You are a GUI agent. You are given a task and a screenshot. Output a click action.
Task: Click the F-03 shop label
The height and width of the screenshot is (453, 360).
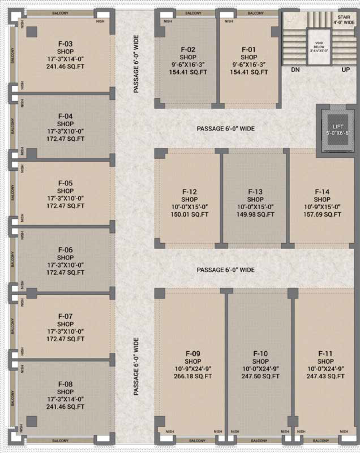65,44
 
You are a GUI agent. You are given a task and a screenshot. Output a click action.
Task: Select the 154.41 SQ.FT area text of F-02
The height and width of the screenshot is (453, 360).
188,72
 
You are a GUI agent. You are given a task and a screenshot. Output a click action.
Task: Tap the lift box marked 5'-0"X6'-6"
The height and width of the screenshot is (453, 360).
338,130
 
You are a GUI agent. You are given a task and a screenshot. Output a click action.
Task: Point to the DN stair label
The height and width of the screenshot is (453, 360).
295,69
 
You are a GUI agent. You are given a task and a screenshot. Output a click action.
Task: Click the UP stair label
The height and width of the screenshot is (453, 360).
345,69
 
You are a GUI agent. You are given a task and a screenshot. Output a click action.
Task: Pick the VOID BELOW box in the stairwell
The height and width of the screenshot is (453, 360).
319,46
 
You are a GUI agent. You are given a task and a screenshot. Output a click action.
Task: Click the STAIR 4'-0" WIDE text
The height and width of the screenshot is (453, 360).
344,19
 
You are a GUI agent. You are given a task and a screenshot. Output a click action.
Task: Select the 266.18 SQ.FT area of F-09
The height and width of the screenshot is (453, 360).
193,376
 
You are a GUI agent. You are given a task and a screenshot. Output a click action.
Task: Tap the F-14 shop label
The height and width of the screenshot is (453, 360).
322,192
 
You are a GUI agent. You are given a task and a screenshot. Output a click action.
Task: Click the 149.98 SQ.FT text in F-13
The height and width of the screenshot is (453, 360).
256,215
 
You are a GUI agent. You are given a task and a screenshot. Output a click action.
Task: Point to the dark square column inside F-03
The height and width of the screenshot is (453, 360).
32,32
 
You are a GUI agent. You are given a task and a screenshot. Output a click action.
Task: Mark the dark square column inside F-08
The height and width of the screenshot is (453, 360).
32,422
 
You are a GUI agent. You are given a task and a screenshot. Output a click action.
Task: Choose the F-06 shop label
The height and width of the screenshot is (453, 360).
65,250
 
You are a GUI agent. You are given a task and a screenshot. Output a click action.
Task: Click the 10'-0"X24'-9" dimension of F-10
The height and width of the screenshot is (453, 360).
260,369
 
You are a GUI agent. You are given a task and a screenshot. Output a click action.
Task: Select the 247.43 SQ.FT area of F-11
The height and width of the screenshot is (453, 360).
326,376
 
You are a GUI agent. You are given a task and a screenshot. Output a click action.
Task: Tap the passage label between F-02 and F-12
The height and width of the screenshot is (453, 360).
226,129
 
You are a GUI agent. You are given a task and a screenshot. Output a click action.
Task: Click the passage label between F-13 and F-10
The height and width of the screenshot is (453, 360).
226,270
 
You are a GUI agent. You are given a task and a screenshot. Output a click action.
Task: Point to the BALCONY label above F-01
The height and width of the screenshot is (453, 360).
256,13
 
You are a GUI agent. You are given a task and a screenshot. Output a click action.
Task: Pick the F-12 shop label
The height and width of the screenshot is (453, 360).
190,192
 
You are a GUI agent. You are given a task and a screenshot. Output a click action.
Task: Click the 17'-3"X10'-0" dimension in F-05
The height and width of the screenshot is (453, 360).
65,199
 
